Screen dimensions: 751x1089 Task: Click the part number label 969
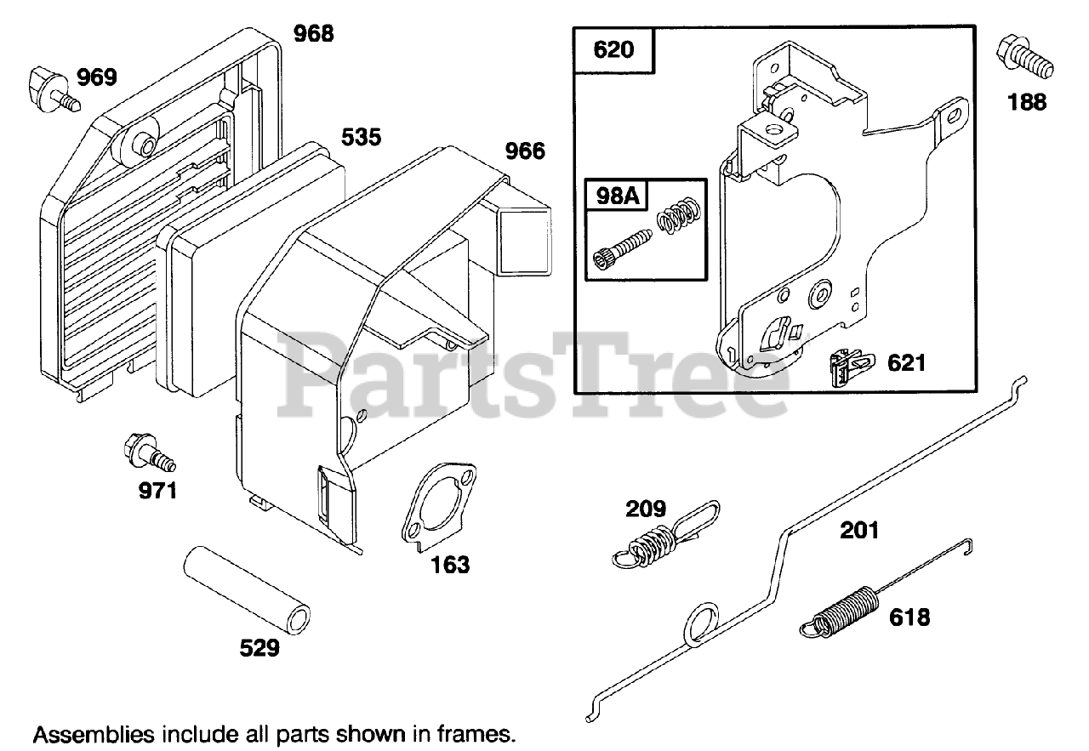coord(98,77)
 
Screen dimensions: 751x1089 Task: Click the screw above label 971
coord(148,452)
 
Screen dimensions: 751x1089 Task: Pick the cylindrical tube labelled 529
coord(244,592)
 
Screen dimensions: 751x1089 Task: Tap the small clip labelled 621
coord(848,367)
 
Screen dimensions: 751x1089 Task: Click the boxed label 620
coord(613,49)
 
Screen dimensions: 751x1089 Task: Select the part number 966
coord(525,151)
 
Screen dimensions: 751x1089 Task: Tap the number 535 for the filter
coord(362,136)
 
